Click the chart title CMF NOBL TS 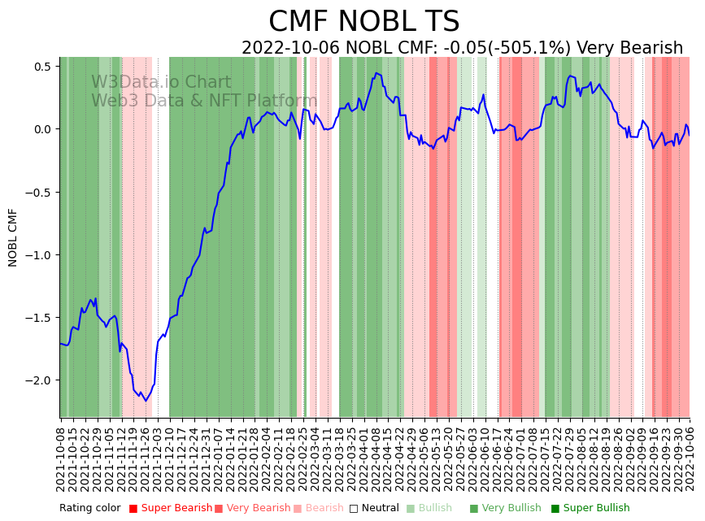click(363, 22)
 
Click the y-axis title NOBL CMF click(13, 237)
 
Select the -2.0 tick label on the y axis click(37, 380)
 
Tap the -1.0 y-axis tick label click(37, 255)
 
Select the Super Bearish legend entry click(171, 509)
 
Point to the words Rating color click(89, 509)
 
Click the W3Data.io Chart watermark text click(161, 82)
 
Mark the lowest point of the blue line click(146, 401)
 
